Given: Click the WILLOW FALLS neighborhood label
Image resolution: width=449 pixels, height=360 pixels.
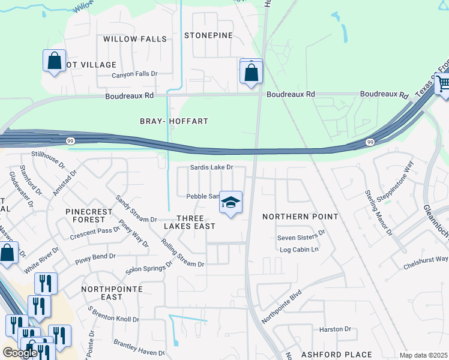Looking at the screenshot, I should pyautogui.click(x=134, y=39).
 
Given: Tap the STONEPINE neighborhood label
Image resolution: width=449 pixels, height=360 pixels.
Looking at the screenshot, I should pyautogui.click(x=208, y=35).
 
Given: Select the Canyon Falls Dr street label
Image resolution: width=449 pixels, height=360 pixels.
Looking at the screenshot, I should pyautogui.click(x=134, y=74).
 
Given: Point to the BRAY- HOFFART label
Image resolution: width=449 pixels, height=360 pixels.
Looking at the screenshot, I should pyautogui.click(x=174, y=121).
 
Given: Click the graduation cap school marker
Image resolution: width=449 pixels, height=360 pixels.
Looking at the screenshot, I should pyautogui.click(x=231, y=203).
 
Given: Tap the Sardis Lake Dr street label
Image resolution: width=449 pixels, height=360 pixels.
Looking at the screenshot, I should pyautogui.click(x=211, y=168).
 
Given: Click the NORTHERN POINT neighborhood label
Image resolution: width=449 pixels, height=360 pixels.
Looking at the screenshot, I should pyautogui.click(x=300, y=216).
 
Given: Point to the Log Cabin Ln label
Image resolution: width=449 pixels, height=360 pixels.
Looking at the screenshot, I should pyautogui.click(x=297, y=249).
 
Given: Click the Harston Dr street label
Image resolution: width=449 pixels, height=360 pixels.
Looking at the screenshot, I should pyautogui.click(x=335, y=329).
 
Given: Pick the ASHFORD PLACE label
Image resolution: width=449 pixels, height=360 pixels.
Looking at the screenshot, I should pyautogui.click(x=336, y=355).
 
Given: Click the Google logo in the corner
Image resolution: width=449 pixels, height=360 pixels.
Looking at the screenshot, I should pyautogui.click(x=20, y=353).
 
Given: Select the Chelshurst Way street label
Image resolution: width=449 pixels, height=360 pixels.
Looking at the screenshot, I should pyautogui.click(x=425, y=259).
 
